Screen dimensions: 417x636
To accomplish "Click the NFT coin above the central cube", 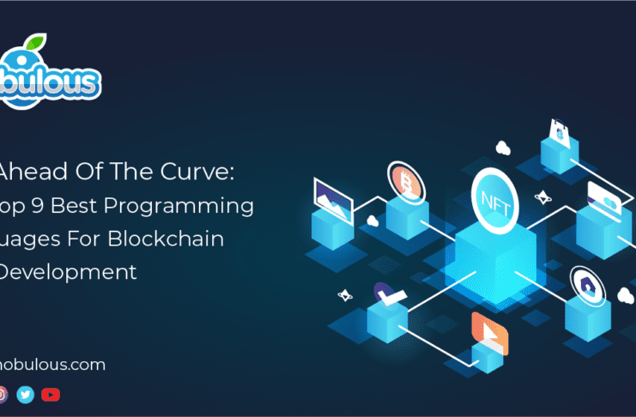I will pyautogui.click(x=495, y=198).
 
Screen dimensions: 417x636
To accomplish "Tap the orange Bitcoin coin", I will pyautogui.click(x=403, y=179).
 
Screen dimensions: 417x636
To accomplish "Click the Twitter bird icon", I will pyautogui.click(x=25, y=395).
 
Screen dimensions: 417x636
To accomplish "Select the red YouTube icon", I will pyautogui.click(x=51, y=395).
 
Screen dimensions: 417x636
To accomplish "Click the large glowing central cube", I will pyautogui.click(x=495, y=257).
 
